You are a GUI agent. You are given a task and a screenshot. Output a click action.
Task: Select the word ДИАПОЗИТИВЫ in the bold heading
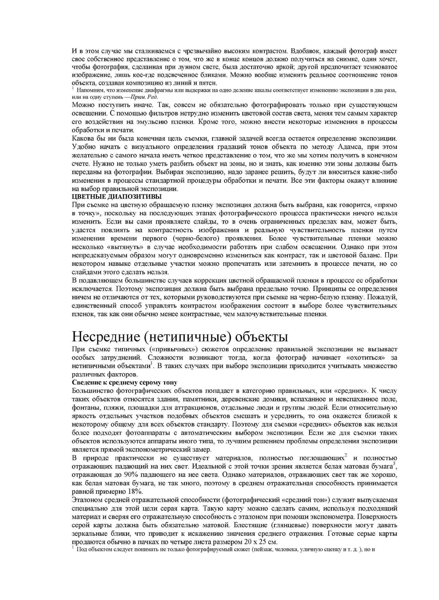[x=131, y=196]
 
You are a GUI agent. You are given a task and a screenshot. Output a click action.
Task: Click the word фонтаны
[x=84, y=408]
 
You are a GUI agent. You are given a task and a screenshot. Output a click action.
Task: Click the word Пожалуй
[x=381, y=297]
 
